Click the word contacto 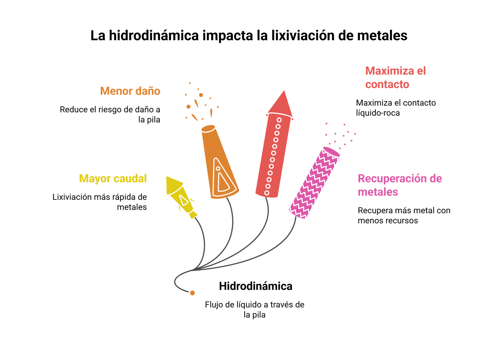tap(387, 84)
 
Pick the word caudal tap(130, 179)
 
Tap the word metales tap(378, 192)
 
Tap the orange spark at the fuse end tap(193, 293)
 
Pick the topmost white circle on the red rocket tap(279, 120)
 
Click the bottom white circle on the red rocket tap(267, 193)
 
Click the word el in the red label tap(421, 71)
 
